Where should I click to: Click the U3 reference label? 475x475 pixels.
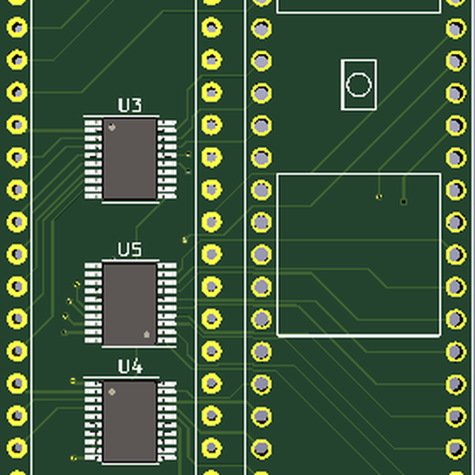130,105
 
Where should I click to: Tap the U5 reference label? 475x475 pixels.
130,250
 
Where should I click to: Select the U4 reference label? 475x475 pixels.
130,367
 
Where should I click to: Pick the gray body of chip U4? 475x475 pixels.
130,421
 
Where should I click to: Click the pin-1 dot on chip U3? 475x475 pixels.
112,127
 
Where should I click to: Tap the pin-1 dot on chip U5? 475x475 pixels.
146,335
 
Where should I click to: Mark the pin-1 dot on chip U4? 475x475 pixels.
112,391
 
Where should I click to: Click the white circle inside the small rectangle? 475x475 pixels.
358,85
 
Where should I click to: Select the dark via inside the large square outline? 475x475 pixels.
404,202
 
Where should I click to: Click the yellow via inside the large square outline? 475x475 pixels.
379,196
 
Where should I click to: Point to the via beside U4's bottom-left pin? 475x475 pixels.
74,458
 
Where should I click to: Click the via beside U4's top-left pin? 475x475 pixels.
73,381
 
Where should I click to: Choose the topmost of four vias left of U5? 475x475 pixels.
76,284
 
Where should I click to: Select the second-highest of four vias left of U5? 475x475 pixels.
70,302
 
